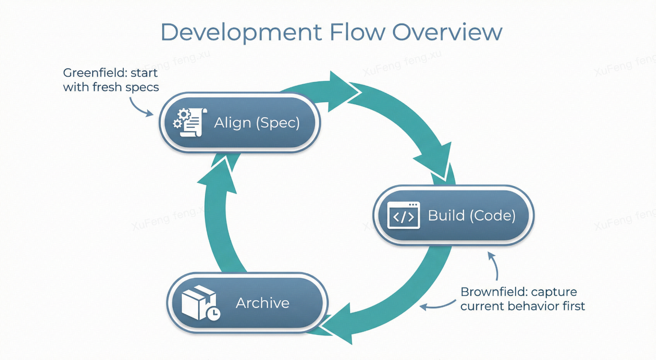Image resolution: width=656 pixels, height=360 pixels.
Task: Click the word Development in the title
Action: coord(241,32)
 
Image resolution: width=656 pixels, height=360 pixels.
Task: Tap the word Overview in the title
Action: coord(447,32)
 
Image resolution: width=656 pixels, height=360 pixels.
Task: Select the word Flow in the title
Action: coord(357,32)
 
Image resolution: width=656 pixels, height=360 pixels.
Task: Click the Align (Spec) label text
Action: coord(257,123)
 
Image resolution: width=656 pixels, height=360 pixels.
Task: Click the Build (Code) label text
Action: coord(471,215)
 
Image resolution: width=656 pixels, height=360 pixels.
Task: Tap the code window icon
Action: coord(403,215)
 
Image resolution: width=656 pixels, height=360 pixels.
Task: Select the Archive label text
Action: coord(262,303)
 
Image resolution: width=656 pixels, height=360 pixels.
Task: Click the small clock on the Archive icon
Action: coord(213,313)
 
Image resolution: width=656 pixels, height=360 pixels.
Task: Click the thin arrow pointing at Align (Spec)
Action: coord(141,108)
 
